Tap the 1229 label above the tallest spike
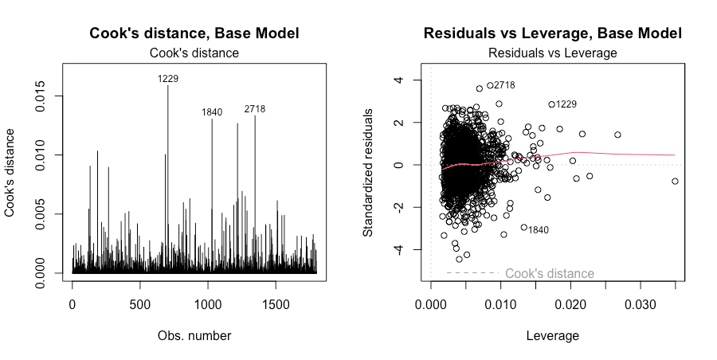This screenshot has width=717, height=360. (168, 78)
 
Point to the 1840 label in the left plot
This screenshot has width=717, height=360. (212, 112)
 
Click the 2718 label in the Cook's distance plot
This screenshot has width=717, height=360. (255, 108)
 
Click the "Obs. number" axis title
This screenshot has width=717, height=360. (194, 336)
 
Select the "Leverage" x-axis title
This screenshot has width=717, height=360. (553, 336)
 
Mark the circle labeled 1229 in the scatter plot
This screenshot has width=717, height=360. (551, 104)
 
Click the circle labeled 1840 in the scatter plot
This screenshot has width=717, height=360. (524, 227)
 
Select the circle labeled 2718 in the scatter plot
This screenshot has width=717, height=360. (490, 85)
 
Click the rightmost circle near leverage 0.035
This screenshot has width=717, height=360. (675, 181)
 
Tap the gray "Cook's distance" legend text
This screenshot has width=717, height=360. (550, 273)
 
